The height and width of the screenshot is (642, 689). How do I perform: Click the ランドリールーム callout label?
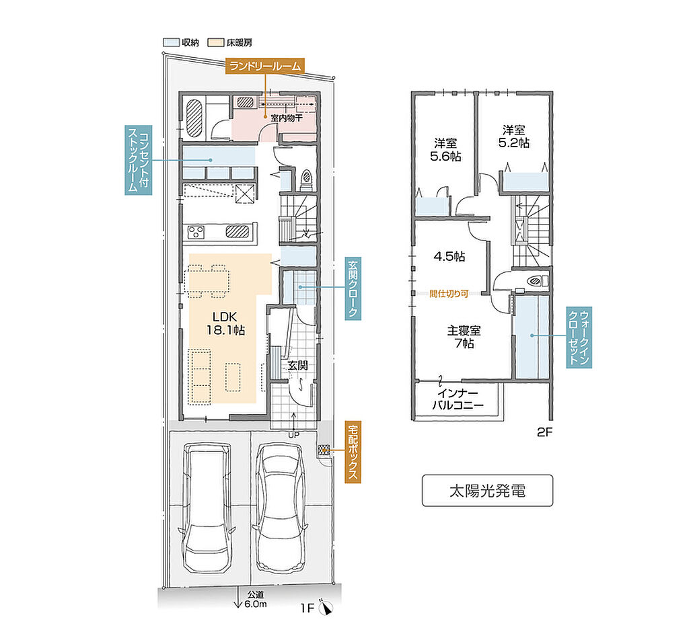[x=264, y=66]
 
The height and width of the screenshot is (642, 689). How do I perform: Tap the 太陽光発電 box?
[x=487, y=491]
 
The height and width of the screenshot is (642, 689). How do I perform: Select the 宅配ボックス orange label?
[x=353, y=452]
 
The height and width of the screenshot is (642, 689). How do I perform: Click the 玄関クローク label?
[x=353, y=288]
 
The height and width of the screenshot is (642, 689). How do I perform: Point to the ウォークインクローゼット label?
[x=579, y=337]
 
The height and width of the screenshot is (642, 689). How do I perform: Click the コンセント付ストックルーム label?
[x=139, y=160]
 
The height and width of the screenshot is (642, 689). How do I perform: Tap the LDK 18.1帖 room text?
[x=225, y=323]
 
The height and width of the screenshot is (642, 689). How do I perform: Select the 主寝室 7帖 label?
[x=464, y=336]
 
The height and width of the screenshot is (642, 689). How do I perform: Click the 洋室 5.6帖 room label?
[x=445, y=150]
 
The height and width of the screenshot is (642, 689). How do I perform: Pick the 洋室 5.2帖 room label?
[x=513, y=136]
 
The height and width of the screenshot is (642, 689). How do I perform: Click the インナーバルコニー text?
[x=458, y=399]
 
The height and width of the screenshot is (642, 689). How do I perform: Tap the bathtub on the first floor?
[x=194, y=118]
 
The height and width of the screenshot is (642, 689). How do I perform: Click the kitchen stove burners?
[x=196, y=231]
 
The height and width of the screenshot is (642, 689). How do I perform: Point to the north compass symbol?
[x=326, y=607]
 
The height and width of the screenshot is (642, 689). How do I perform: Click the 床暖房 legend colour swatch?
[x=216, y=42]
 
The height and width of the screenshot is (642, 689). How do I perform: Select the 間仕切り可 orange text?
[x=449, y=293]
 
